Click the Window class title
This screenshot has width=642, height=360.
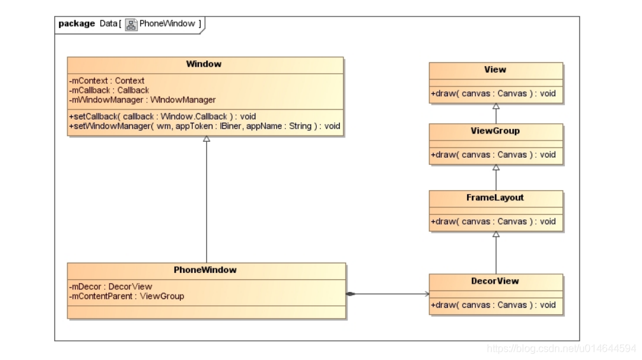coord(204,64)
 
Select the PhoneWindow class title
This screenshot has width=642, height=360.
coord(205,270)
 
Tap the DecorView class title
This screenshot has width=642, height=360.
coord(495,281)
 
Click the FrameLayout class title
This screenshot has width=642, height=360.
coord(495,198)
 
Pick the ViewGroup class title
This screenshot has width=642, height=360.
coord(495,131)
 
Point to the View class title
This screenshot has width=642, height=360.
coord(495,69)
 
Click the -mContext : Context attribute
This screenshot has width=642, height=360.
coord(106,81)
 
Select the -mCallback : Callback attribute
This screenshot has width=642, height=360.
coord(109,90)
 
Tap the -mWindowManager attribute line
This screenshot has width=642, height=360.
coord(142,100)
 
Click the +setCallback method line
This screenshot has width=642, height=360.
coord(162,116)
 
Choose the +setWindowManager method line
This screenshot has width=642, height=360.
coord(204,126)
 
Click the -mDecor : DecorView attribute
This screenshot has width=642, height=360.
coord(110,287)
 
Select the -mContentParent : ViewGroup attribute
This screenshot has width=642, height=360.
coord(126,296)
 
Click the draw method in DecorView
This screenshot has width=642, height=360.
coord(493,305)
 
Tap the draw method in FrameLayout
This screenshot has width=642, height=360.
coord(493,221)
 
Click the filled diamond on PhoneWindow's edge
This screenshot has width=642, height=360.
coord(351,294)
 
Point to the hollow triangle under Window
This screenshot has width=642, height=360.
coord(206,139)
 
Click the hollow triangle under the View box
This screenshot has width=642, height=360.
coord(496,106)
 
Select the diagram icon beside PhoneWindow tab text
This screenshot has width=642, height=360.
coord(131,25)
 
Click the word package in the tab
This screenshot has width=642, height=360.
coord(76,24)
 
